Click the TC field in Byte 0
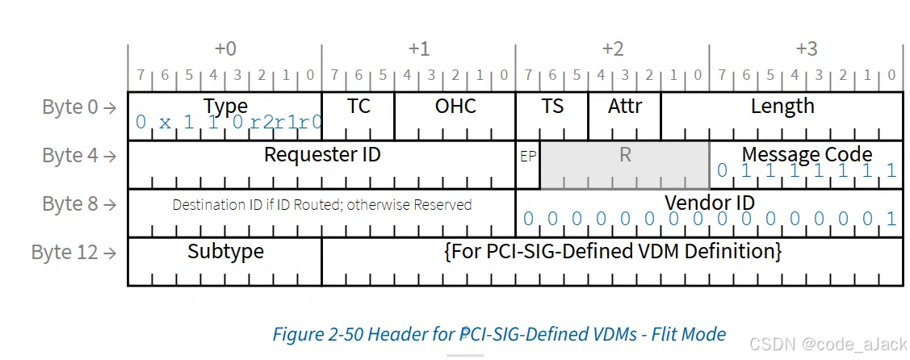358,107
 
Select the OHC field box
455,107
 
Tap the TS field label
552,107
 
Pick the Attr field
624,107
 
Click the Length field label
782,107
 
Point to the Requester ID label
322,154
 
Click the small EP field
527,157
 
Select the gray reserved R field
625,156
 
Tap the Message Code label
807,154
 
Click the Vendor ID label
710,203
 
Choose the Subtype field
225,252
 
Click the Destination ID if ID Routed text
322,205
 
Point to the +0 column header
225,49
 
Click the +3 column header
807,49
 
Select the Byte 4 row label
78,156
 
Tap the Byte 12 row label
73,253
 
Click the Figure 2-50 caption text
499,333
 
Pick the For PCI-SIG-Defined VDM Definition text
613,252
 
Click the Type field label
225,107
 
